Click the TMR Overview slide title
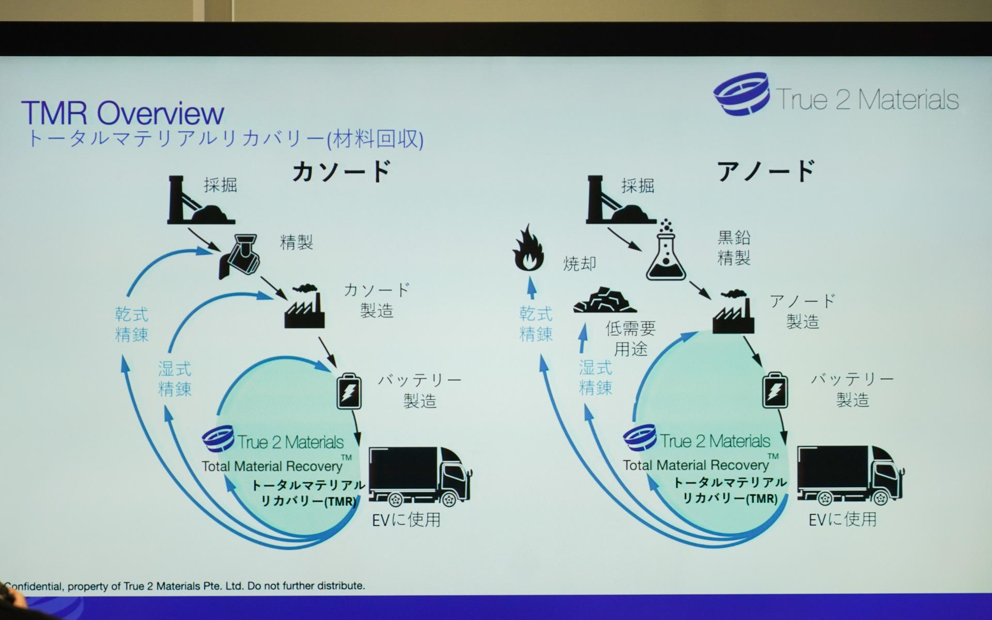pyautogui.click(x=122, y=113)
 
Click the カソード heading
pyautogui.click(x=341, y=172)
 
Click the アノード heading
pyautogui.click(x=766, y=171)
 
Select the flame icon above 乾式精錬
pyautogui.click(x=528, y=249)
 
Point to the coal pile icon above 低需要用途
pyautogui.click(x=604, y=300)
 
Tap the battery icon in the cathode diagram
pyautogui.click(x=349, y=391)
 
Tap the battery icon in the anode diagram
pyautogui.click(x=775, y=390)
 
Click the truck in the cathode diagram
pyautogui.click(x=419, y=476)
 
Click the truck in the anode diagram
pyautogui.click(x=849, y=475)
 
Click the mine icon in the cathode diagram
pyautogui.click(x=199, y=202)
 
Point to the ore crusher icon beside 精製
pyautogui.click(x=240, y=256)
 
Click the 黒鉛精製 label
pyautogui.click(x=734, y=247)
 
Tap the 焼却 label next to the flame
pyautogui.click(x=579, y=264)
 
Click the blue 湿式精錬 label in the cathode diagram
pyautogui.click(x=175, y=379)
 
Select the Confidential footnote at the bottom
pyautogui.click(x=184, y=586)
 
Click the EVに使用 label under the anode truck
pyautogui.click(x=842, y=519)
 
